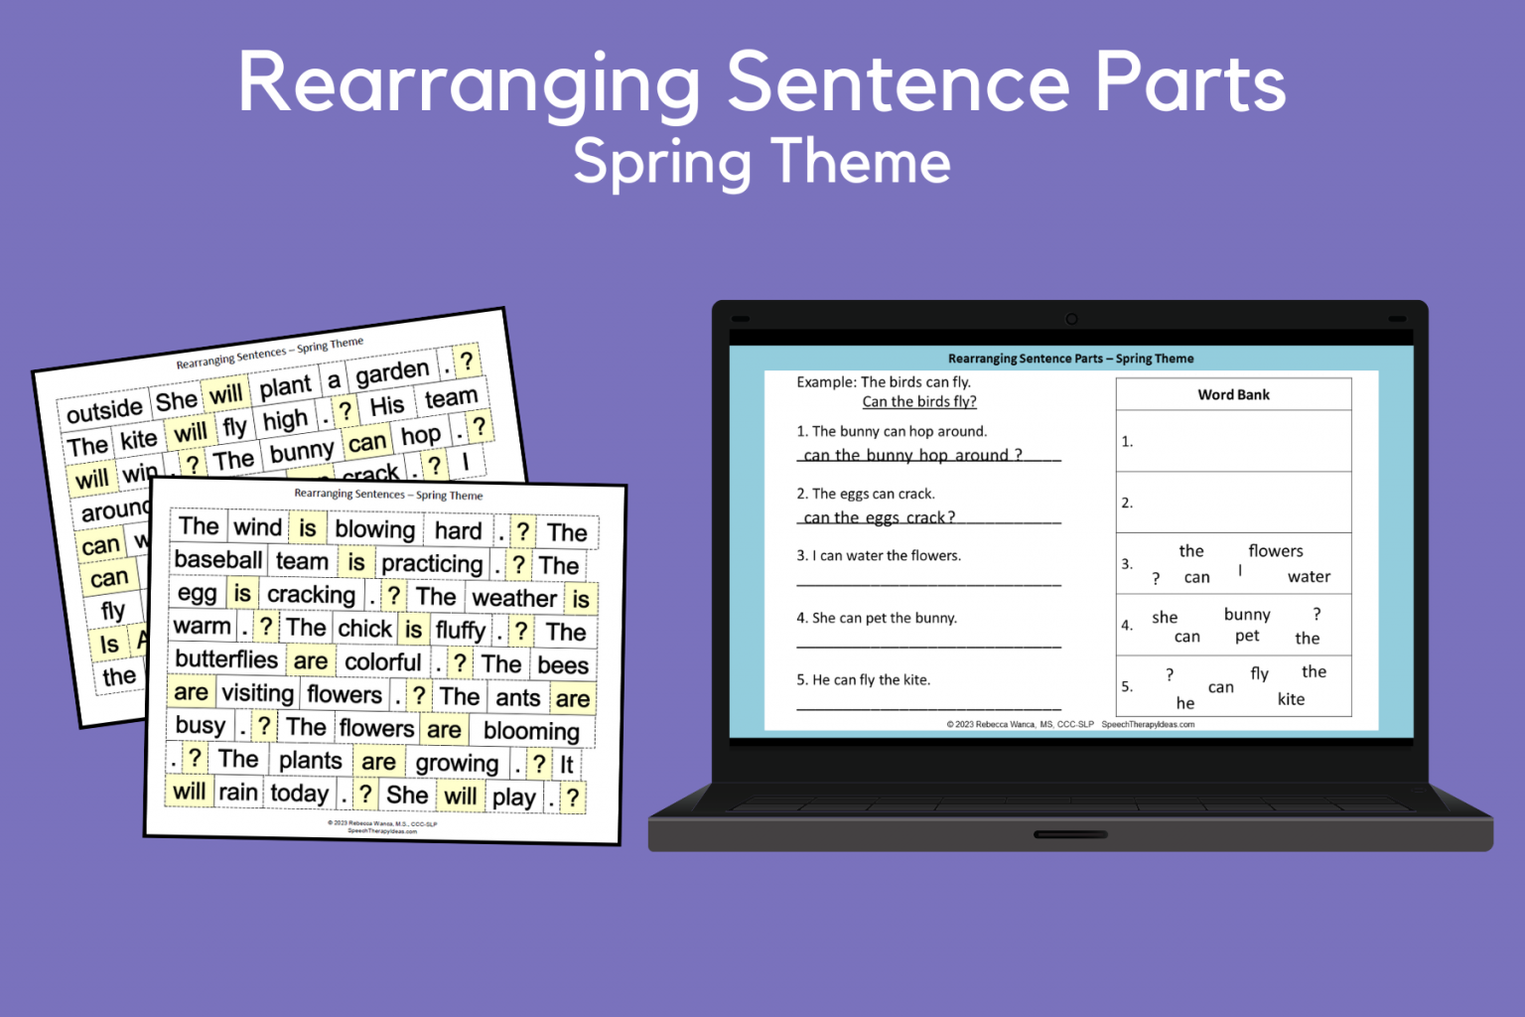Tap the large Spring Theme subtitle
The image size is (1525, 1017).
click(762, 162)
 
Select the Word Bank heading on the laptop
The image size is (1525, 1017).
click(1233, 394)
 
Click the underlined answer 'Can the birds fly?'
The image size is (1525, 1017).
click(918, 401)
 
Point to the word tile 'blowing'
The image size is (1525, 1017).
click(374, 529)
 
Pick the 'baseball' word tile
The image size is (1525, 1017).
click(218, 560)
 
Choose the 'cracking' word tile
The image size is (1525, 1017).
click(311, 595)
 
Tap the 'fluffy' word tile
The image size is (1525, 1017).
click(460, 631)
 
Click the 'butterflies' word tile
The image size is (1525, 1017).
click(226, 659)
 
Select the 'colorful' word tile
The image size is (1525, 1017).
click(382, 662)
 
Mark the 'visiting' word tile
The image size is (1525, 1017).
click(257, 693)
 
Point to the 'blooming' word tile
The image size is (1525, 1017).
click(531, 732)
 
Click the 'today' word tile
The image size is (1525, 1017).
click(299, 794)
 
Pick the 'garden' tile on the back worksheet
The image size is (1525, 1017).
click(392, 372)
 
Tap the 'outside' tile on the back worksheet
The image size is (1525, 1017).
click(104, 409)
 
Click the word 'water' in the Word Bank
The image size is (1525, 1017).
click(1309, 577)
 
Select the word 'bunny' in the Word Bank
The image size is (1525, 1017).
click(1247, 615)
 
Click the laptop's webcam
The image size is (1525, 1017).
click(1071, 319)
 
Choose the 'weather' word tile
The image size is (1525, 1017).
click(514, 598)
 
